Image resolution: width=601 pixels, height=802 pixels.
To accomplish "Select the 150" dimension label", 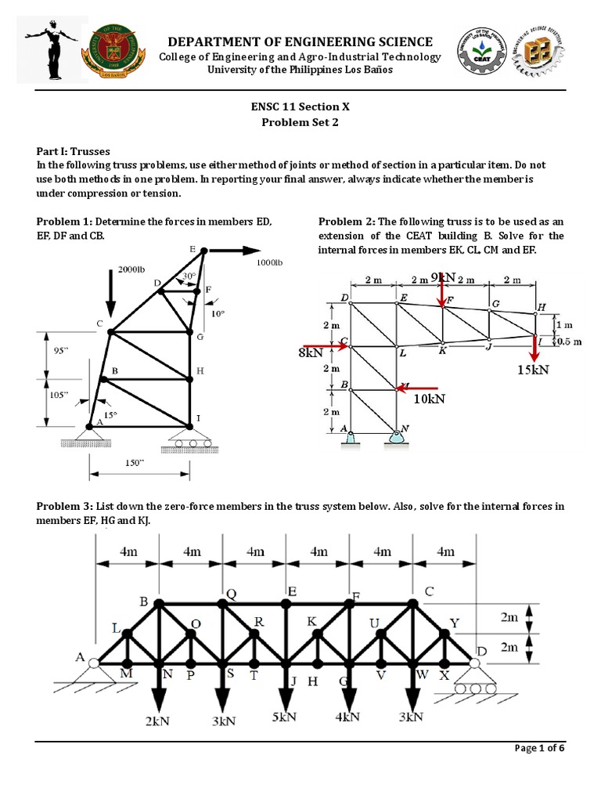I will (x=136, y=463).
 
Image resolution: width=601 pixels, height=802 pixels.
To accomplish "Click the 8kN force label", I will (x=311, y=353).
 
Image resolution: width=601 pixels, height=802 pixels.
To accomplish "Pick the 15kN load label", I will (x=533, y=369).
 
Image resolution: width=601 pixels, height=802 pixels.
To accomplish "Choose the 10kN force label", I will (x=429, y=399).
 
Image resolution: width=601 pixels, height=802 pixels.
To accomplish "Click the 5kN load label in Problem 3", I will (x=285, y=717).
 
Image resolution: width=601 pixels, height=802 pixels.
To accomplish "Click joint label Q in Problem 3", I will (x=230, y=593).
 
